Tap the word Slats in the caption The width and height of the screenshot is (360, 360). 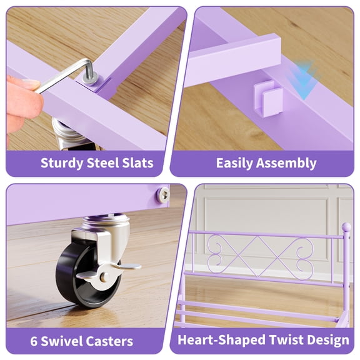(137, 164)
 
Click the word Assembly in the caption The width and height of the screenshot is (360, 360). (289, 164)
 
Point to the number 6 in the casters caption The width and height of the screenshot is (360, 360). (35, 341)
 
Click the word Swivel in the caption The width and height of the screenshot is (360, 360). (65, 341)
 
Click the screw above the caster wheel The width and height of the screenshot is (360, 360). (162, 194)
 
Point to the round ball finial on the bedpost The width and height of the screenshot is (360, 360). (346, 227)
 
